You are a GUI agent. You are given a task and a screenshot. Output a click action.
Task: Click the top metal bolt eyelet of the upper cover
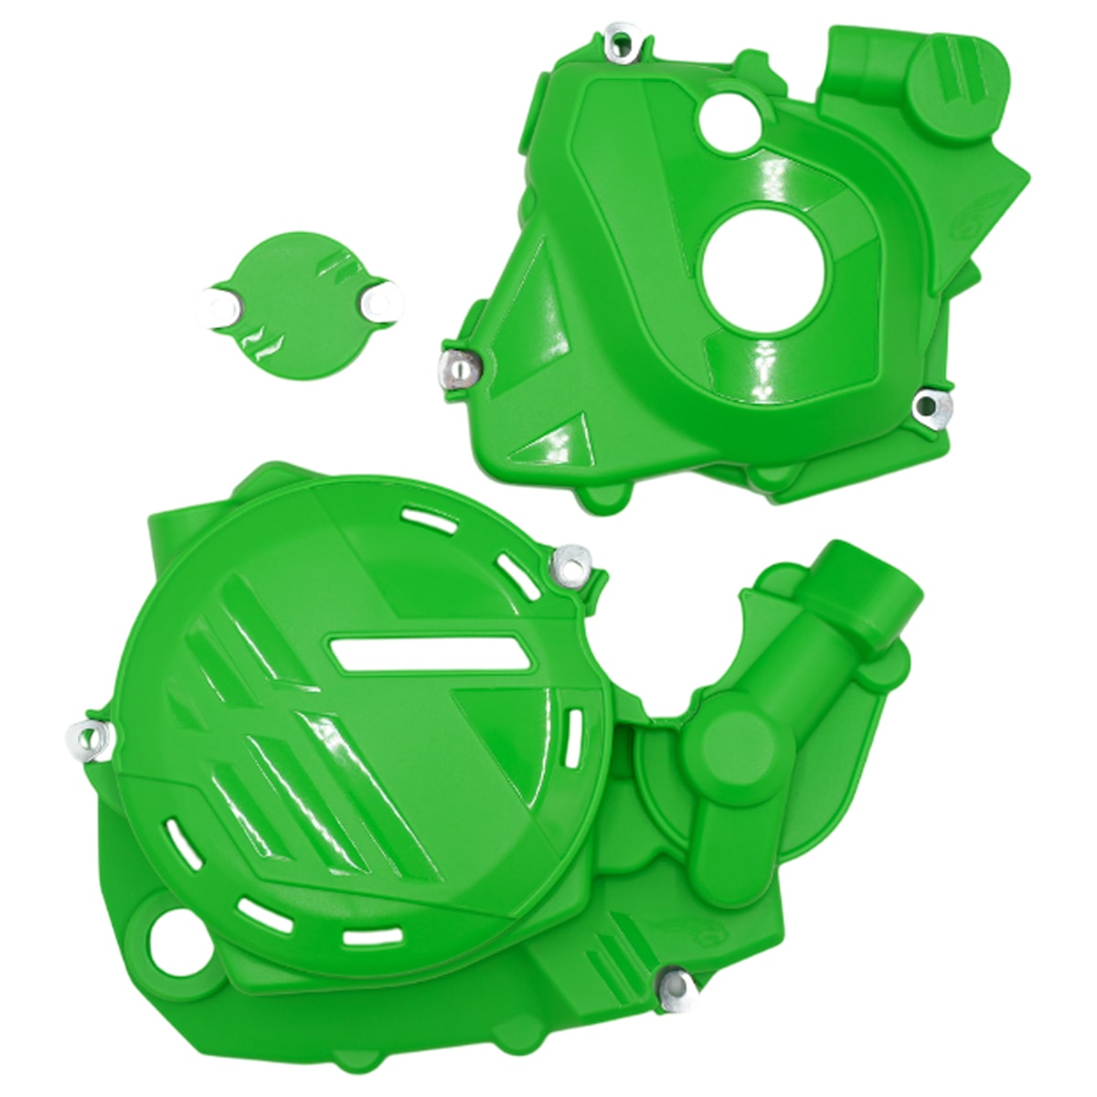coord(623,40)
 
